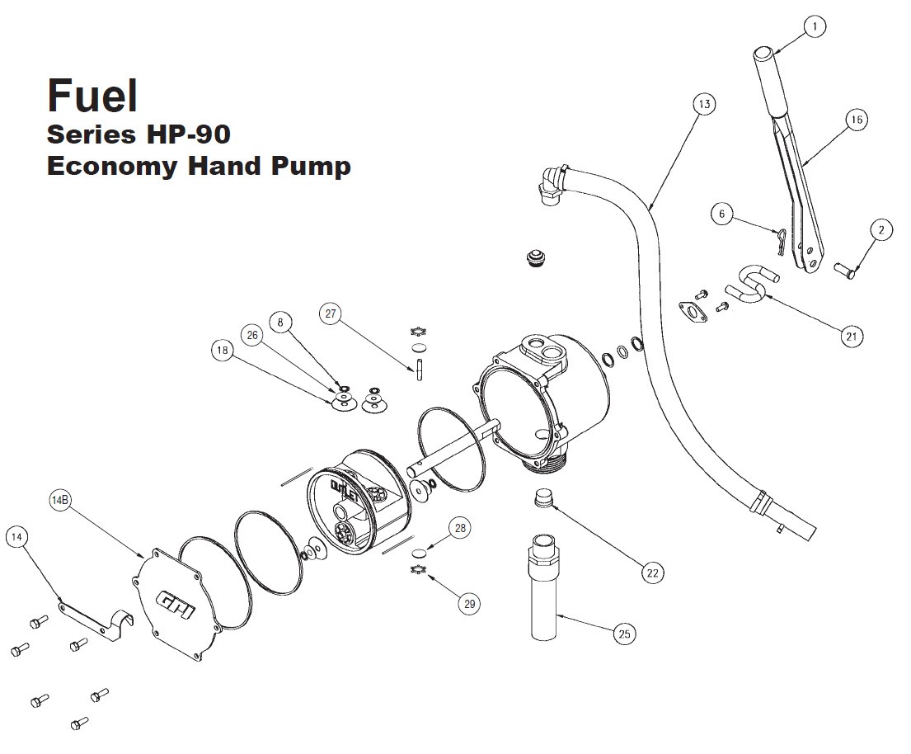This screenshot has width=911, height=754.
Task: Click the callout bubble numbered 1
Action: (815, 27)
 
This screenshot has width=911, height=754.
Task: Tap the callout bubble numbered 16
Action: (857, 120)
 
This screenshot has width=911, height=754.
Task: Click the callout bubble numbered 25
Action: (625, 634)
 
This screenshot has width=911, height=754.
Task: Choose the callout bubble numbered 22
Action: (653, 572)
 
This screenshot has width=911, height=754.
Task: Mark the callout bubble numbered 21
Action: (852, 336)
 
